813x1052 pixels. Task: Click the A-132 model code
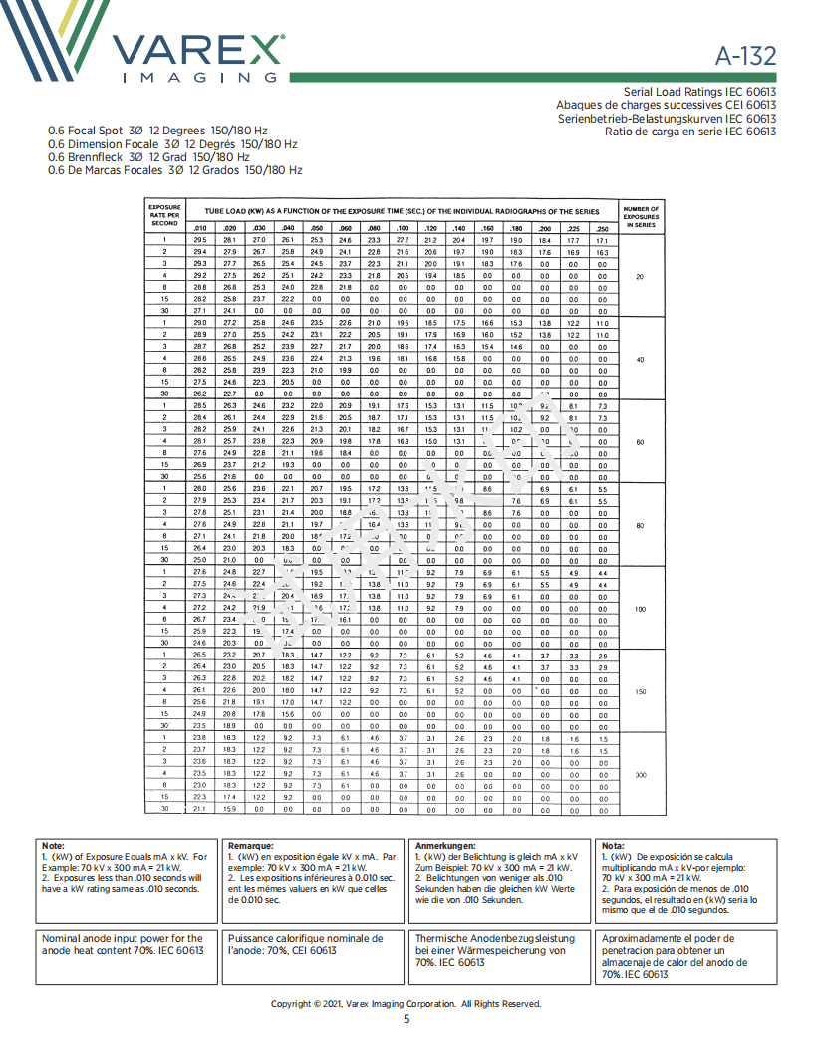[745, 55]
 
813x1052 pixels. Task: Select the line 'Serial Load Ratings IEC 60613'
[699, 91]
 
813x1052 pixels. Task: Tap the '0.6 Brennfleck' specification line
[148, 157]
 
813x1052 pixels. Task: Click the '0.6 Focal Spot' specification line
[157, 131]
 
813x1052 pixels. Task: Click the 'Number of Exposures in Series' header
[640, 217]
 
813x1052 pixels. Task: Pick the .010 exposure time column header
[200, 229]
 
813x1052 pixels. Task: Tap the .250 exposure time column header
[602, 229]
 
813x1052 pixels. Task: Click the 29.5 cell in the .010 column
[200, 241]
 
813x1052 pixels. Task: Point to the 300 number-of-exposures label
[640, 774]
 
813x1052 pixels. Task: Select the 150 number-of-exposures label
[640, 690]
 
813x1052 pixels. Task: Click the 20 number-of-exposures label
[640, 276]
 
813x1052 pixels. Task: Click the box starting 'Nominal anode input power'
[124, 944]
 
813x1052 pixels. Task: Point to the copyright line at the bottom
[406, 1003]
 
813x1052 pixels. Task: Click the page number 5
[406, 1019]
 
